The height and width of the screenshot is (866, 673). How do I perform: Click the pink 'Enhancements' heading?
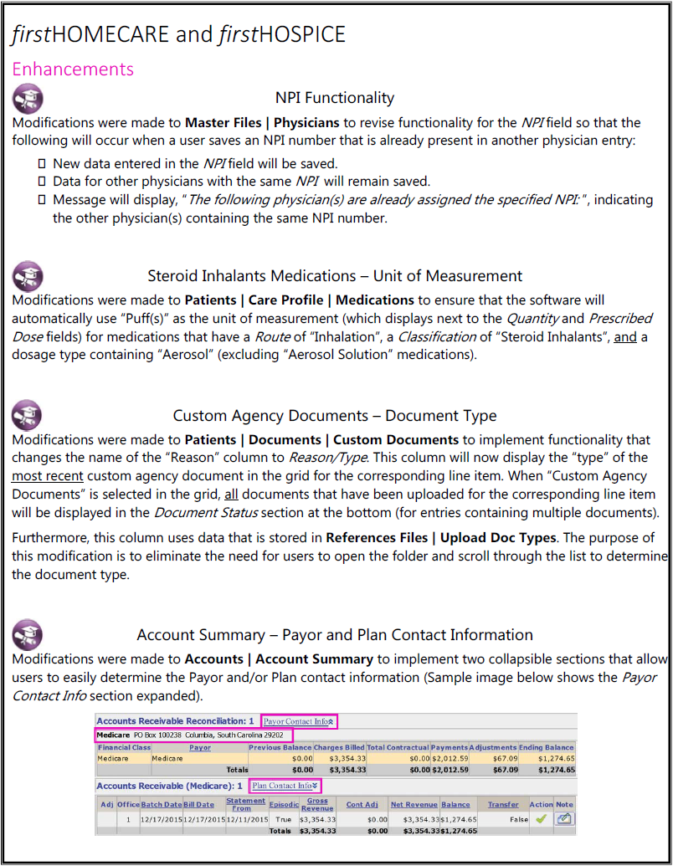point(73,69)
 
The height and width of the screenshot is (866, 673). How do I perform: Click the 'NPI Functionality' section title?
point(335,99)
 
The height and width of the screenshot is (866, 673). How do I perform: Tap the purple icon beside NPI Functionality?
point(28,99)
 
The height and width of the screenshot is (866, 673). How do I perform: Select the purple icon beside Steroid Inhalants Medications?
point(28,276)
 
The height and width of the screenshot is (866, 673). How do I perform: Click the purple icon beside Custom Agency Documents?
point(28,416)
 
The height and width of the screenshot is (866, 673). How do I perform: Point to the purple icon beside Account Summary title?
point(28,634)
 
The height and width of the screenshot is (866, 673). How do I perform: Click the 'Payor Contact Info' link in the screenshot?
point(300,720)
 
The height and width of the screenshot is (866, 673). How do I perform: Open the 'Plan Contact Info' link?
point(285,786)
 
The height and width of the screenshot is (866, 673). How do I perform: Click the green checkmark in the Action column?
point(541,820)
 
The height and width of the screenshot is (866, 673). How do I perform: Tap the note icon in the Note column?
point(565,820)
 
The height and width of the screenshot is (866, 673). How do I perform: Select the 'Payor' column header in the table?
point(200,748)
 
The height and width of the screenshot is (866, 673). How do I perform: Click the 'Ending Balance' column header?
point(547,748)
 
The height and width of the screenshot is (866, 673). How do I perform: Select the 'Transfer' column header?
point(503,805)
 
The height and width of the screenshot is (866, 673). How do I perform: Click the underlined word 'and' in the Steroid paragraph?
point(625,336)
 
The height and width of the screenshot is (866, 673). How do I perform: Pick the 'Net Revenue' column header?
point(413,805)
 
